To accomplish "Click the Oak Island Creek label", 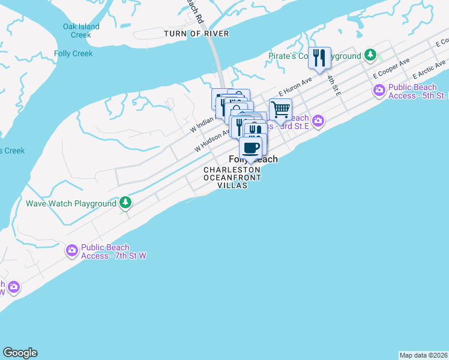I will [x=81, y=31].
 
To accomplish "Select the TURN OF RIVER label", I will [x=196, y=34].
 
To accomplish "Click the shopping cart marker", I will [x=280, y=109].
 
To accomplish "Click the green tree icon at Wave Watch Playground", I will [x=125, y=202].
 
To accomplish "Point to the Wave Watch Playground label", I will [x=71, y=203].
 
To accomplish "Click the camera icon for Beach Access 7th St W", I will [x=72, y=250].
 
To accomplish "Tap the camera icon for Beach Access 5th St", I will [x=379, y=90].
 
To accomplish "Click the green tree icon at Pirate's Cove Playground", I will [x=371, y=55].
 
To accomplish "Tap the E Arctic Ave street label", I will [x=429, y=70].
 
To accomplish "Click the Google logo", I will [x=20, y=353].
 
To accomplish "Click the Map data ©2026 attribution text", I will [x=424, y=355].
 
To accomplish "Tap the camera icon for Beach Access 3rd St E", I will [x=318, y=121].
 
